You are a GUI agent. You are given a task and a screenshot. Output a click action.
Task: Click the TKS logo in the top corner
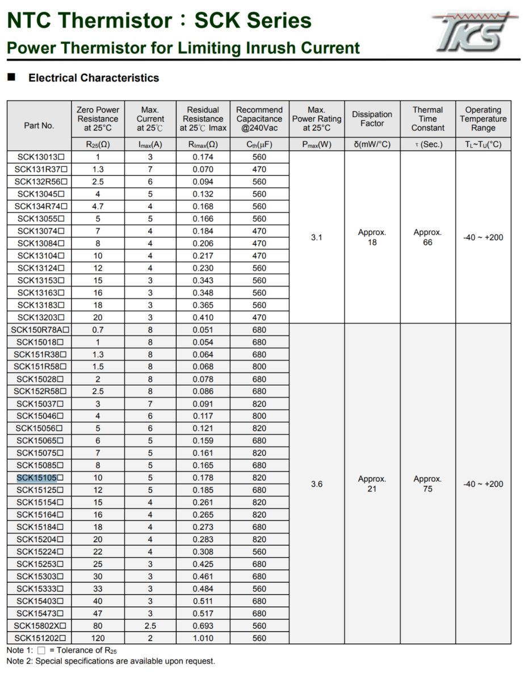(x=474, y=32)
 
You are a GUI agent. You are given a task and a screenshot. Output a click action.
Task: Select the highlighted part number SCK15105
(x=37, y=478)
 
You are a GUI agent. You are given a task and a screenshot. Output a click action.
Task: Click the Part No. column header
(x=39, y=125)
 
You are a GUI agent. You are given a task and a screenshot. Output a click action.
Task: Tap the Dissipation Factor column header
(x=372, y=119)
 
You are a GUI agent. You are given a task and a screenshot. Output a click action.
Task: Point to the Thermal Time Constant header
(x=427, y=119)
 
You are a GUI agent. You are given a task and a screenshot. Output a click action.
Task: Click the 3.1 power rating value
(x=317, y=238)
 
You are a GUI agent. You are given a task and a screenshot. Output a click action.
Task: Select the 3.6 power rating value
(x=317, y=484)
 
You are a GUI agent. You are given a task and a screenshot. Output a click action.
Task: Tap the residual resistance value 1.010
(x=203, y=638)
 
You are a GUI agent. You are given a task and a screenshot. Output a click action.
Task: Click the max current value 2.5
(x=150, y=626)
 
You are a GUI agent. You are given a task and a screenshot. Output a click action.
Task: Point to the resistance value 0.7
(x=98, y=330)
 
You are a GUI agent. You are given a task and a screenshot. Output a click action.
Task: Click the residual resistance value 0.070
(x=203, y=169)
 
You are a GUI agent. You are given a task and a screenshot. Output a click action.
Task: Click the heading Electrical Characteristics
(x=94, y=78)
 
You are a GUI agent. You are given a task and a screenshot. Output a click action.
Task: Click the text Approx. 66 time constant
(x=427, y=238)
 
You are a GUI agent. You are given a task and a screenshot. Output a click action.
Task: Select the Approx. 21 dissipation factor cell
(x=372, y=484)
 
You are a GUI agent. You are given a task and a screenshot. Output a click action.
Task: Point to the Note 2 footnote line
(x=111, y=661)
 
